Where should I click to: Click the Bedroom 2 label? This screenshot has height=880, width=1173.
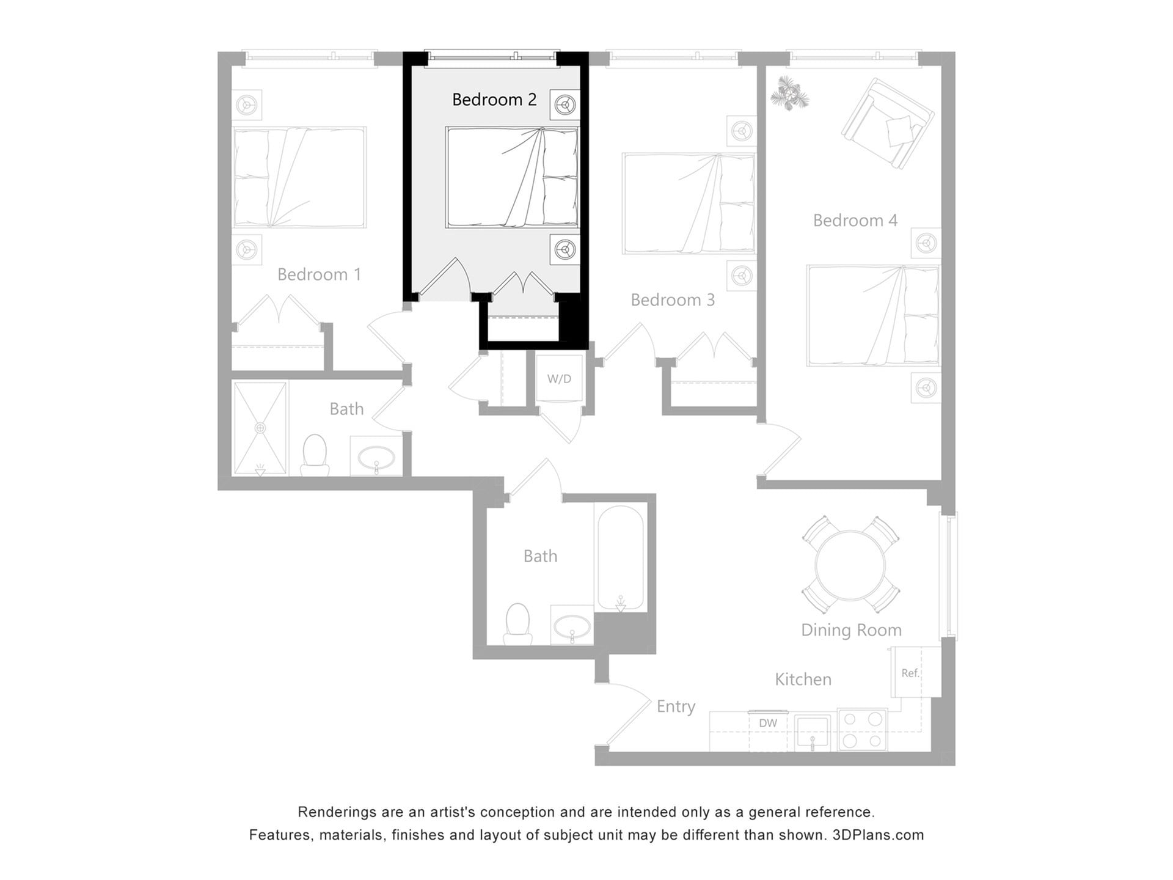(x=494, y=100)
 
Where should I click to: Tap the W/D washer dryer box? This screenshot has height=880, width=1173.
(x=559, y=380)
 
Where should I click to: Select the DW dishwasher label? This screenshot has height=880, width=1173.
(x=768, y=724)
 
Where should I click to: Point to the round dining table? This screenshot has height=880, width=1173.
(x=850, y=565)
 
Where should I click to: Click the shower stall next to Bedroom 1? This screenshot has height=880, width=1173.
(x=260, y=428)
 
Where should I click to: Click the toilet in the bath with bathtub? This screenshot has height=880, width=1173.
(x=518, y=623)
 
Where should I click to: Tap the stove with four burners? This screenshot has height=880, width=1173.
(x=861, y=729)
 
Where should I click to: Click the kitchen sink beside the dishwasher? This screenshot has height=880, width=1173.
(x=812, y=732)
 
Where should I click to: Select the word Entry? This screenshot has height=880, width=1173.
(x=676, y=707)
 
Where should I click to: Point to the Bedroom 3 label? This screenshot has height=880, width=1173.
(x=672, y=300)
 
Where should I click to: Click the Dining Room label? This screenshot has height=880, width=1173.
(x=851, y=630)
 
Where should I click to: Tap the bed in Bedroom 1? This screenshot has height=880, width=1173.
(x=299, y=178)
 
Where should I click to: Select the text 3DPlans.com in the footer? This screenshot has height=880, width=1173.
(x=878, y=835)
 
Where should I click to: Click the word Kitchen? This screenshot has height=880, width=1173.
(x=803, y=680)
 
